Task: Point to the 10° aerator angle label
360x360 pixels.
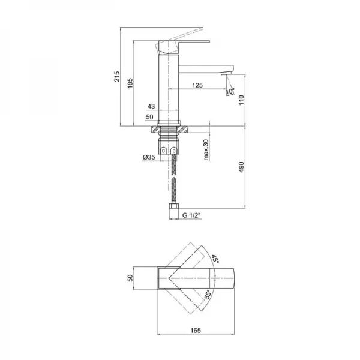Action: tap(230, 91)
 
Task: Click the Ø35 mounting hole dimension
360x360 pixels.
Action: tap(149, 157)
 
